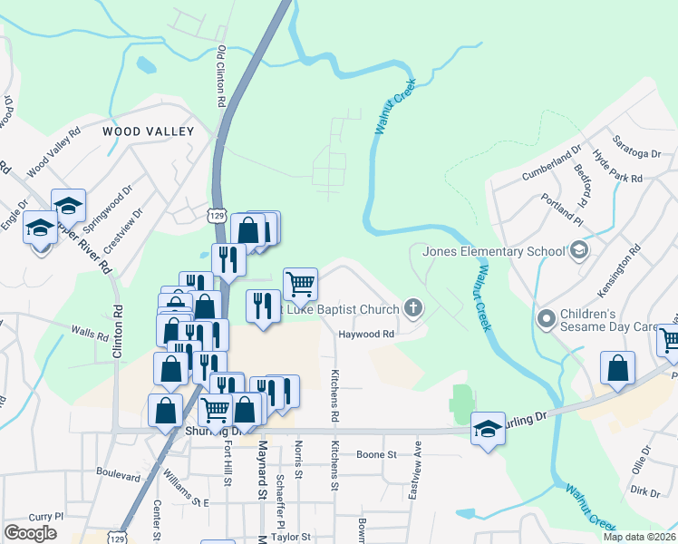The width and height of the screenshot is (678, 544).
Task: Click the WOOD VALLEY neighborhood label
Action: tap(149, 131)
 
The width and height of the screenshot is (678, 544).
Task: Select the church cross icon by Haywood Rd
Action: tap(413, 309)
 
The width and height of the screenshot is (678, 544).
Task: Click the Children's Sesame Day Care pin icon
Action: tap(546, 318)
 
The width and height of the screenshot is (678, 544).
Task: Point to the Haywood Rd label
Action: tap(367, 334)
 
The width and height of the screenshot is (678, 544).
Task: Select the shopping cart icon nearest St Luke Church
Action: tap(300, 284)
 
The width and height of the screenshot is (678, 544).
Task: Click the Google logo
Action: tap(30, 533)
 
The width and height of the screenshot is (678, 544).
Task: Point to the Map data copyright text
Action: tap(639, 537)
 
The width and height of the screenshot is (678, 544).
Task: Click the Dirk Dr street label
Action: tap(644, 491)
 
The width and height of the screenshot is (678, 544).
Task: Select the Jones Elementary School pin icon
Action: tap(578, 249)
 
